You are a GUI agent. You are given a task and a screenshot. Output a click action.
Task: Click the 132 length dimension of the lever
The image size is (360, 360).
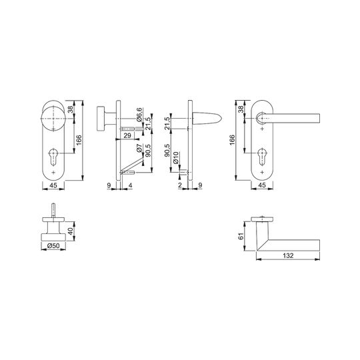288,255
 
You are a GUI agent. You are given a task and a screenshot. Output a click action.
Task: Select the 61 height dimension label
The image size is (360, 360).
241,236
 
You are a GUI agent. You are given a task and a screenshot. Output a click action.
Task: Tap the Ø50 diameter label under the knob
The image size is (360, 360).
53,245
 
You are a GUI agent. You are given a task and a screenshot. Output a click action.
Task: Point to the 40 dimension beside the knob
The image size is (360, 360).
71,231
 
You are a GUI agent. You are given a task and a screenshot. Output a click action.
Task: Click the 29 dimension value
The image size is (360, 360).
127,135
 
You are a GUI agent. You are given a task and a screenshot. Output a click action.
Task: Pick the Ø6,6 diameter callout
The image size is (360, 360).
139,115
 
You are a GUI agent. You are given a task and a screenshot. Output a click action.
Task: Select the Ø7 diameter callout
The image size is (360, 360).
139,149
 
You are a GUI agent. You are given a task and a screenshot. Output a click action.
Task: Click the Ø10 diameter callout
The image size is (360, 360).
176,157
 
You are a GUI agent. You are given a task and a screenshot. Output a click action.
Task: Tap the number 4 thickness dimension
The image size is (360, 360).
131,185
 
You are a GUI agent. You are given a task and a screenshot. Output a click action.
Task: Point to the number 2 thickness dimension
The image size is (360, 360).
180,185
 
